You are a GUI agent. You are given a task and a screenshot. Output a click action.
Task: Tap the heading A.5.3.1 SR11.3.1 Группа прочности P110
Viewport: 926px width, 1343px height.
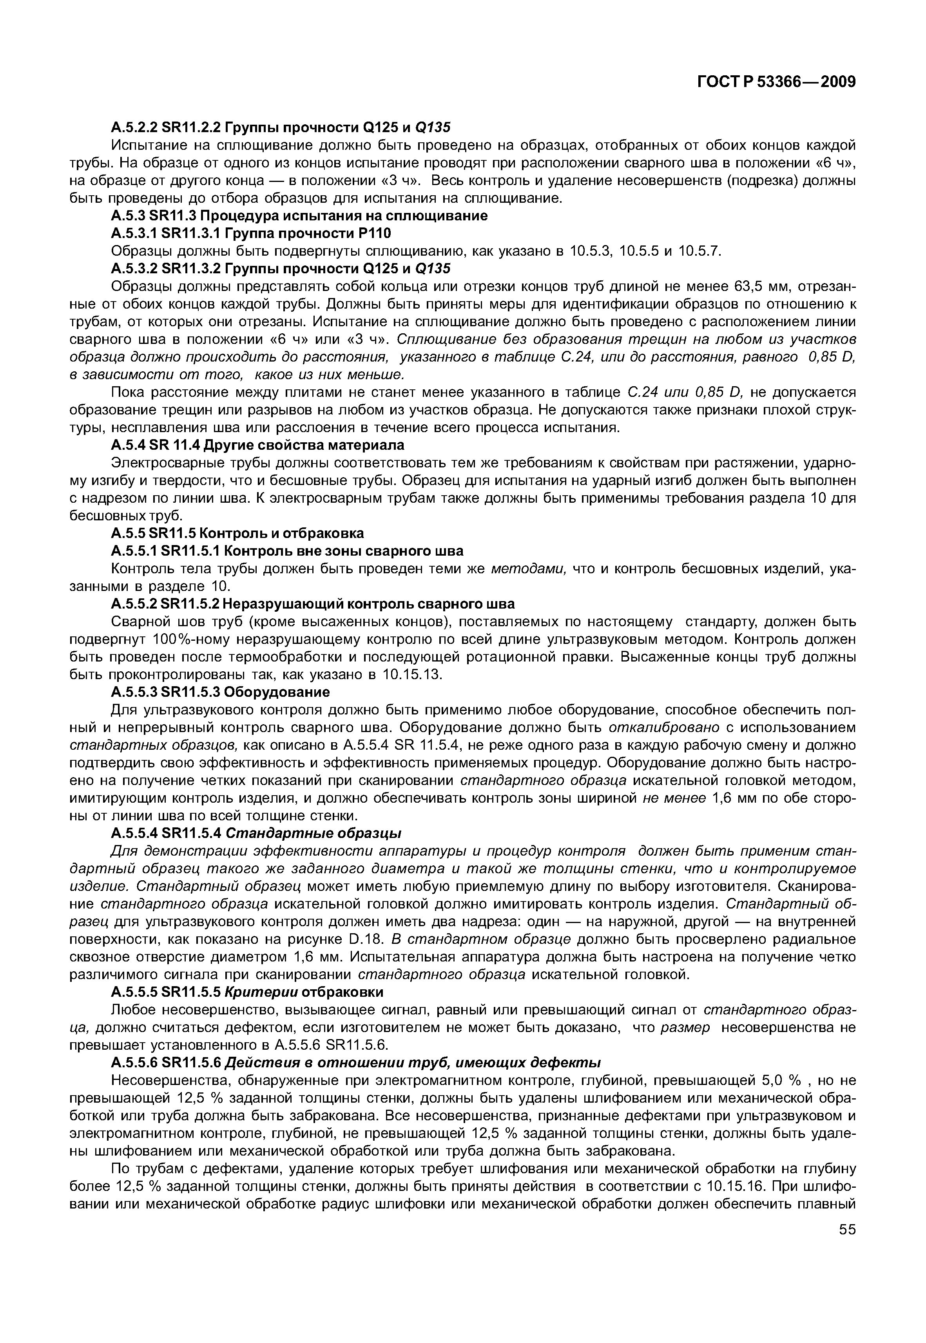251,233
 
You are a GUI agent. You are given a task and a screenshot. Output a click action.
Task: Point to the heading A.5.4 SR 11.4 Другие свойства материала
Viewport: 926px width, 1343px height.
257,445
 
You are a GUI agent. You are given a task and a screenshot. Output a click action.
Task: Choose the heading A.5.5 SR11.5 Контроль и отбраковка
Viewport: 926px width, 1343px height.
237,533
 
